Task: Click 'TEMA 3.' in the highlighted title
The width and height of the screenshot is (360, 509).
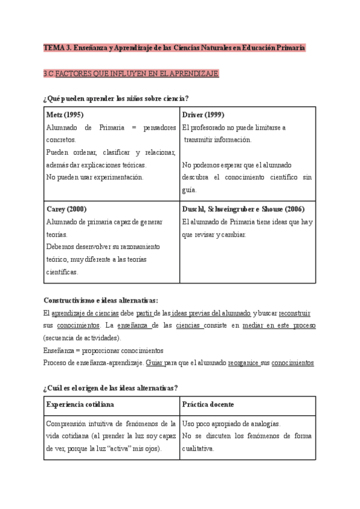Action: [x=57, y=47]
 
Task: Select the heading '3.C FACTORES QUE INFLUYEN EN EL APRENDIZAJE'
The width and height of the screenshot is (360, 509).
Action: [x=131, y=73]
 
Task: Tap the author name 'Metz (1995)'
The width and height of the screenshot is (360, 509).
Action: [x=64, y=115]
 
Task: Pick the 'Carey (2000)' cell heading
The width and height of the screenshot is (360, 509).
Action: [x=66, y=209]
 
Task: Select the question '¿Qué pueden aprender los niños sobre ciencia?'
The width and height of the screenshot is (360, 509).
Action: [x=116, y=98]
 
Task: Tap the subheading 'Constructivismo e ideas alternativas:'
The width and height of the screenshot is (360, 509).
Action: [x=101, y=300]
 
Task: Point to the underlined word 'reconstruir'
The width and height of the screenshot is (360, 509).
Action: [x=295, y=313]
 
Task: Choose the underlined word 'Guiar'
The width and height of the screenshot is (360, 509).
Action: [x=154, y=363]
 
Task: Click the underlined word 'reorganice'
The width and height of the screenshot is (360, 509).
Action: [x=244, y=363]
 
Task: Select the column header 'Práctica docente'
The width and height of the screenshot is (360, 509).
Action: [x=208, y=405]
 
